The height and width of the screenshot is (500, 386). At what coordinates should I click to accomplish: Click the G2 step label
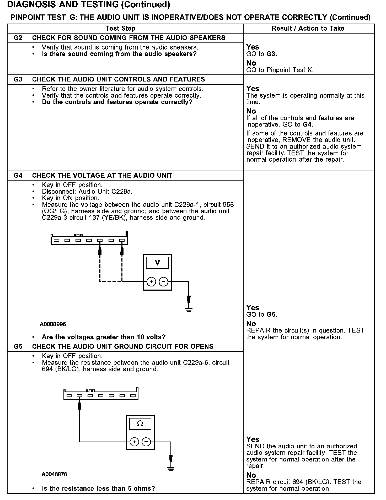click(x=18, y=38)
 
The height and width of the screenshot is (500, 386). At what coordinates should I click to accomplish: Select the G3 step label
click(x=18, y=79)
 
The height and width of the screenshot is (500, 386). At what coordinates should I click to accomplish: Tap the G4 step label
click(x=18, y=175)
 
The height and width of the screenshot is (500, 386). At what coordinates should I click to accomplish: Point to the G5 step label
click(x=18, y=346)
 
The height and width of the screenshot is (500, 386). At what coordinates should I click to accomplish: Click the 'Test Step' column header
click(x=120, y=28)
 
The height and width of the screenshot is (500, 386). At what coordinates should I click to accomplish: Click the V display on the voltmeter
click(x=157, y=263)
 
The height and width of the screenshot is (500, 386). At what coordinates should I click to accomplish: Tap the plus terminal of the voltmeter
click(x=151, y=282)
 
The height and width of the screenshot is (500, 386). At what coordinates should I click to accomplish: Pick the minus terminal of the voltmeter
click(x=164, y=282)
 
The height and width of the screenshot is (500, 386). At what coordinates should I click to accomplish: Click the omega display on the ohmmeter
click(x=140, y=424)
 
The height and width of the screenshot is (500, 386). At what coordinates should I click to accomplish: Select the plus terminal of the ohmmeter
click(x=134, y=442)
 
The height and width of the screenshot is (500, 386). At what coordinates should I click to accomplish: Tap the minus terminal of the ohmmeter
click(x=146, y=442)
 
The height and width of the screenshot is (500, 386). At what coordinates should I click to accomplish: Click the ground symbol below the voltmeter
click(x=189, y=310)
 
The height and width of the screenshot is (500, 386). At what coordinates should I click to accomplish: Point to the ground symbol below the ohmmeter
click(x=171, y=469)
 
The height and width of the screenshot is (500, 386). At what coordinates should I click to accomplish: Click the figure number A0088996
click(x=53, y=324)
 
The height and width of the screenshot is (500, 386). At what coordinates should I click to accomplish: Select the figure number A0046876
click(x=54, y=474)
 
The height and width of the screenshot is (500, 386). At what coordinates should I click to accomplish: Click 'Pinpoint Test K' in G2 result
click(x=290, y=70)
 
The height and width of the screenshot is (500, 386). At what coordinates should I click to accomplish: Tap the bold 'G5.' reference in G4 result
click(x=272, y=314)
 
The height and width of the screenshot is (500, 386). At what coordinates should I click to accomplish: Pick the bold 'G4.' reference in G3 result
click(x=308, y=124)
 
